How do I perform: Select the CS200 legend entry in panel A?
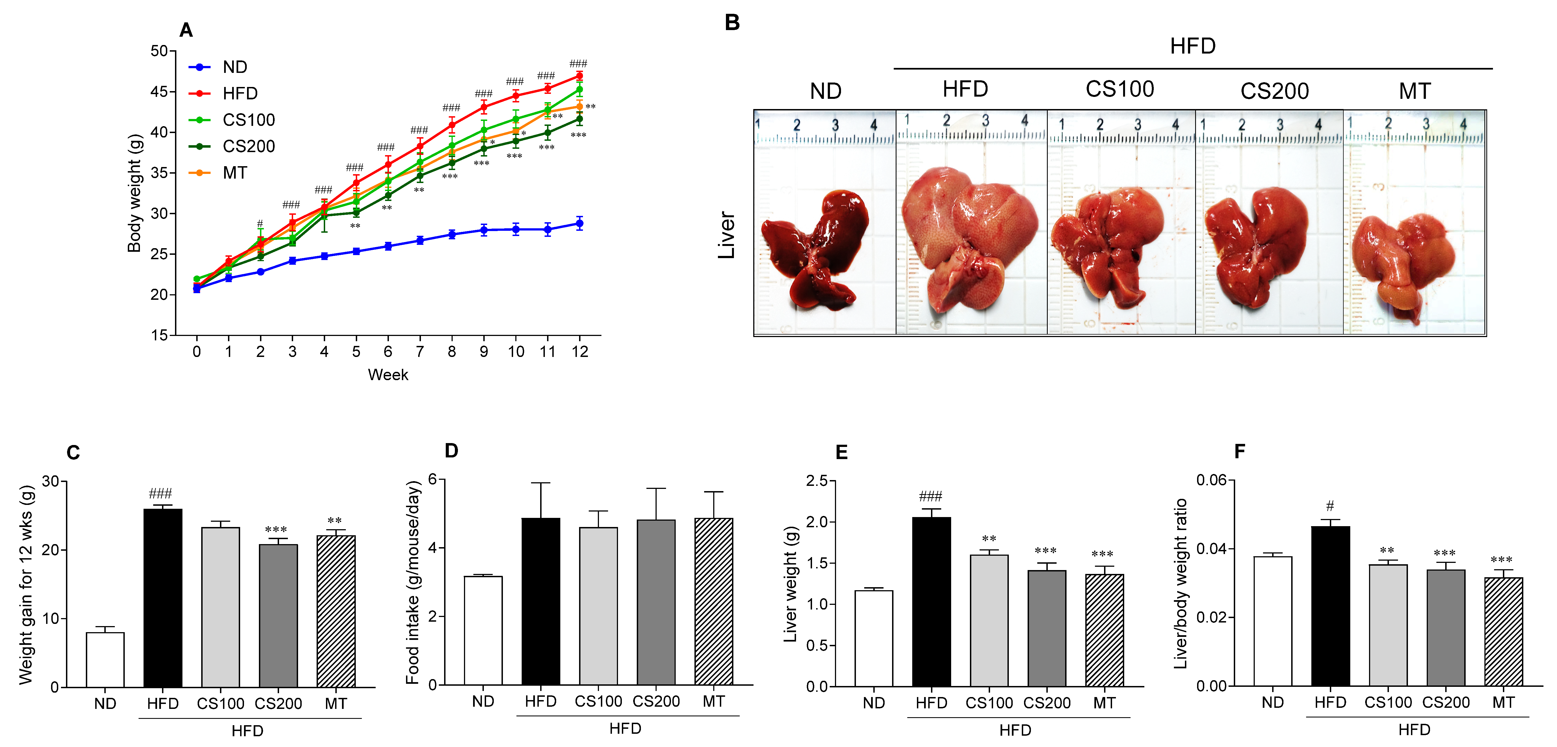point(248,146)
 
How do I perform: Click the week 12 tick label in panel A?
point(580,352)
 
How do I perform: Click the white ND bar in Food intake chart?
point(483,630)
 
